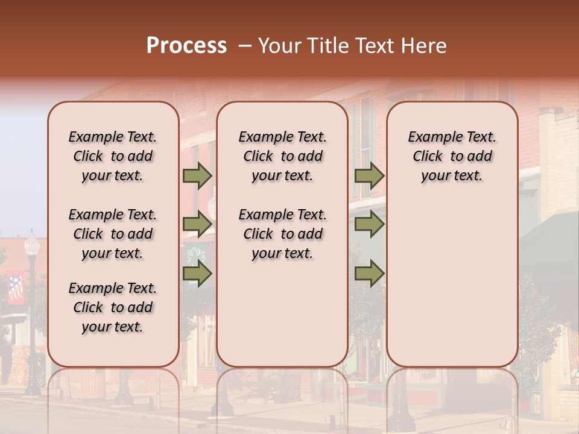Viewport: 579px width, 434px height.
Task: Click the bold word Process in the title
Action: [x=186, y=46]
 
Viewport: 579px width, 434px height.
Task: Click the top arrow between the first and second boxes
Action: [x=197, y=175]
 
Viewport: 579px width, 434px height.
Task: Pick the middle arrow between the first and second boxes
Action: [x=197, y=224]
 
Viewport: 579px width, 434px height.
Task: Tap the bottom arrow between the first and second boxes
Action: [x=197, y=274]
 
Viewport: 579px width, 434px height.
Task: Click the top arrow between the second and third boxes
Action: [x=369, y=175]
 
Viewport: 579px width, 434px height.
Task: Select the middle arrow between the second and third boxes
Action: [x=369, y=224]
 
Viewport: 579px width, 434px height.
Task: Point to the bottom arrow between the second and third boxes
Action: [x=369, y=274]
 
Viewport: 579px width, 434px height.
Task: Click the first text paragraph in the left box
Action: [x=113, y=156]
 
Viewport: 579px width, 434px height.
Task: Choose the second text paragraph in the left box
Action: [x=113, y=234]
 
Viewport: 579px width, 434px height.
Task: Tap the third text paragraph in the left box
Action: [x=113, y=307]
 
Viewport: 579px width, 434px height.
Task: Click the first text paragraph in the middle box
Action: [x=283, y=156]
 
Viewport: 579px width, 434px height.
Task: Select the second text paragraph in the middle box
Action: [x=283, y=234]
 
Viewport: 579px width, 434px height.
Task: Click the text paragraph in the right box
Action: [x=452, y=156]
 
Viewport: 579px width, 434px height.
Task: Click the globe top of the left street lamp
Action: [x=31, y=244]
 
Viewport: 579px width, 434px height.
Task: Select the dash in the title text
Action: [x=244, y=46]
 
